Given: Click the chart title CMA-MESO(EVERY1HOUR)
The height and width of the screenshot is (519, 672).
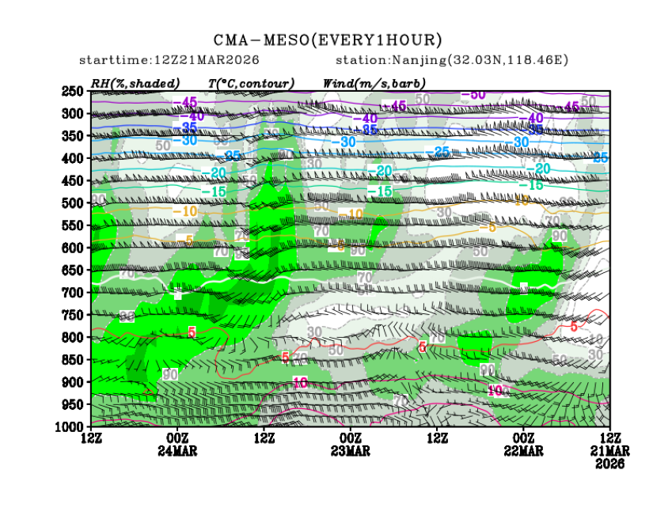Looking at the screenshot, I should [328, 40].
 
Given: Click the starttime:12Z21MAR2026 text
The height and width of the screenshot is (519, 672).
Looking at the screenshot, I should [169, 60].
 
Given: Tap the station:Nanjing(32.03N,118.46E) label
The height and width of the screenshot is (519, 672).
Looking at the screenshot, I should [452, 60].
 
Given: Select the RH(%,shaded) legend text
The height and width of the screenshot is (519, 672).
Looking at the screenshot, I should [135, 82].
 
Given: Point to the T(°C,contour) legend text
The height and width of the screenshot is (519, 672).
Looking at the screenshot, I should [251, 82].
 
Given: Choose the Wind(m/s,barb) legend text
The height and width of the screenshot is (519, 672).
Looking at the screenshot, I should [374, 82].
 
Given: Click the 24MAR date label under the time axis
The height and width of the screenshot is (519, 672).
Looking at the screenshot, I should [177, 450].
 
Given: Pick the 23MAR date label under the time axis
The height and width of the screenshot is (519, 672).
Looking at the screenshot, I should [350, 450].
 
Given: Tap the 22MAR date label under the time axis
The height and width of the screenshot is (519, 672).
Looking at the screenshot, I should [523, 450].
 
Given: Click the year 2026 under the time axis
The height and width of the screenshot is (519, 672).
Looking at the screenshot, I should [609, 464].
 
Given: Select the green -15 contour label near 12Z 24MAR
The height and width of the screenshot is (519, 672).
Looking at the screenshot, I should [213, 191].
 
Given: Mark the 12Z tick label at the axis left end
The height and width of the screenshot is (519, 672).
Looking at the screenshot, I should [91, 438].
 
